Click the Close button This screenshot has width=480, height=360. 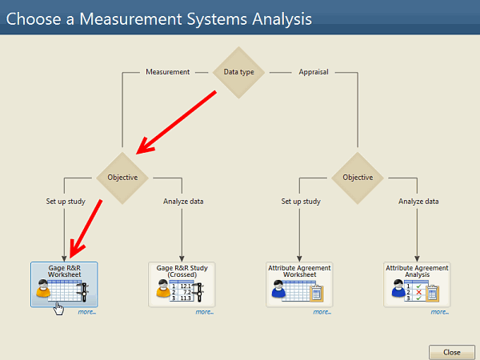point(452,352)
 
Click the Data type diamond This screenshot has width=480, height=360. point(238,72)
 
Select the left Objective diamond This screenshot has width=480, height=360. point(122,178)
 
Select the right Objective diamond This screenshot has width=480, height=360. point(358,178)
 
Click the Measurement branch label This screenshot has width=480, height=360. point(167,72)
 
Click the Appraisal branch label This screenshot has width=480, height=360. point(314,72)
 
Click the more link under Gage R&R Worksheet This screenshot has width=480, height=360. point(86,312)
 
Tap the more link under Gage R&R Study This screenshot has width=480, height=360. point(204,312)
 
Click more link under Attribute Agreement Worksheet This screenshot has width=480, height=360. point(322,312)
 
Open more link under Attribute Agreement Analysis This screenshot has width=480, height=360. point(439,312)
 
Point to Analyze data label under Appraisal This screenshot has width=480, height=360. point(418,202)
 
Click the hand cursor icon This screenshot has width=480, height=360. point(58,307)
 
